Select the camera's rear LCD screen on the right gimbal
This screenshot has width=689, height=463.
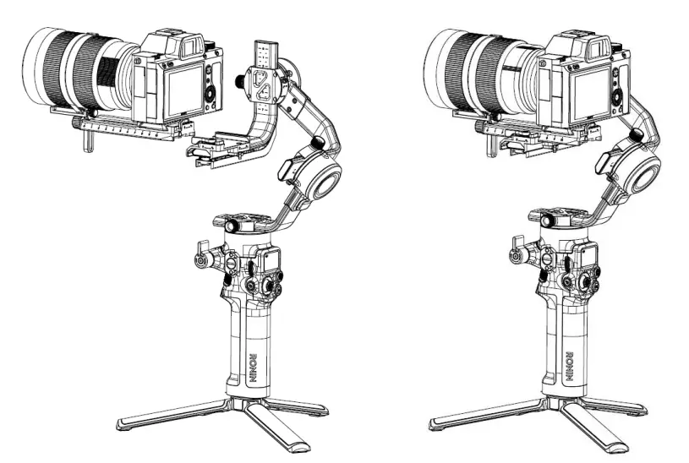[582, 92]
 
